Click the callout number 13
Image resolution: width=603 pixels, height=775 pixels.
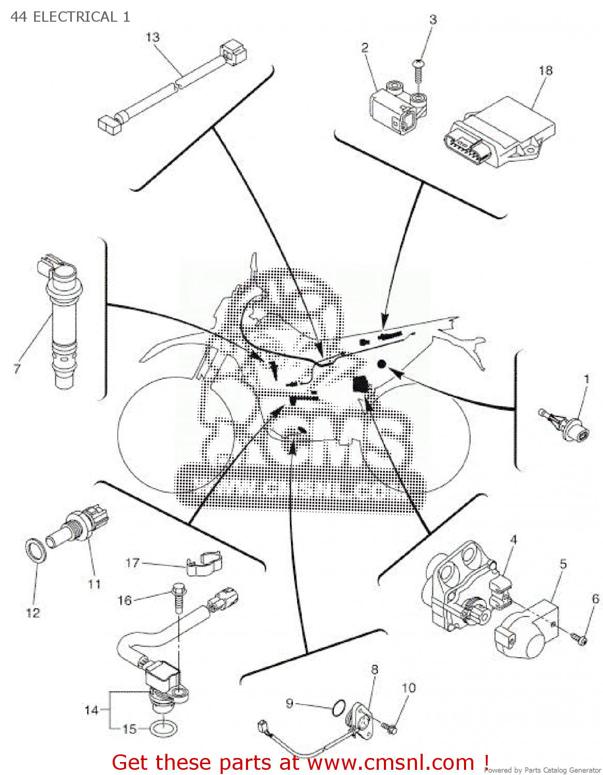152,37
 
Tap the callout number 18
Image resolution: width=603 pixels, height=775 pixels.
545,70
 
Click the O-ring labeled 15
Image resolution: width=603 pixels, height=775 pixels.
164,729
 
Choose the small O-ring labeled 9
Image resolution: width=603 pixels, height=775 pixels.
338,708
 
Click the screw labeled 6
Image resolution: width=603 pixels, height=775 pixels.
580,639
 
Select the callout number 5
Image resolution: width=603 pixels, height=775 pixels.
563,564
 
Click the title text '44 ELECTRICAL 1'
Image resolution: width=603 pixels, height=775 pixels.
70,17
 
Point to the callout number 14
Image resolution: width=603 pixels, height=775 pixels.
91,710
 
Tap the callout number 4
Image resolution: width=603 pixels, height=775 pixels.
513,540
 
